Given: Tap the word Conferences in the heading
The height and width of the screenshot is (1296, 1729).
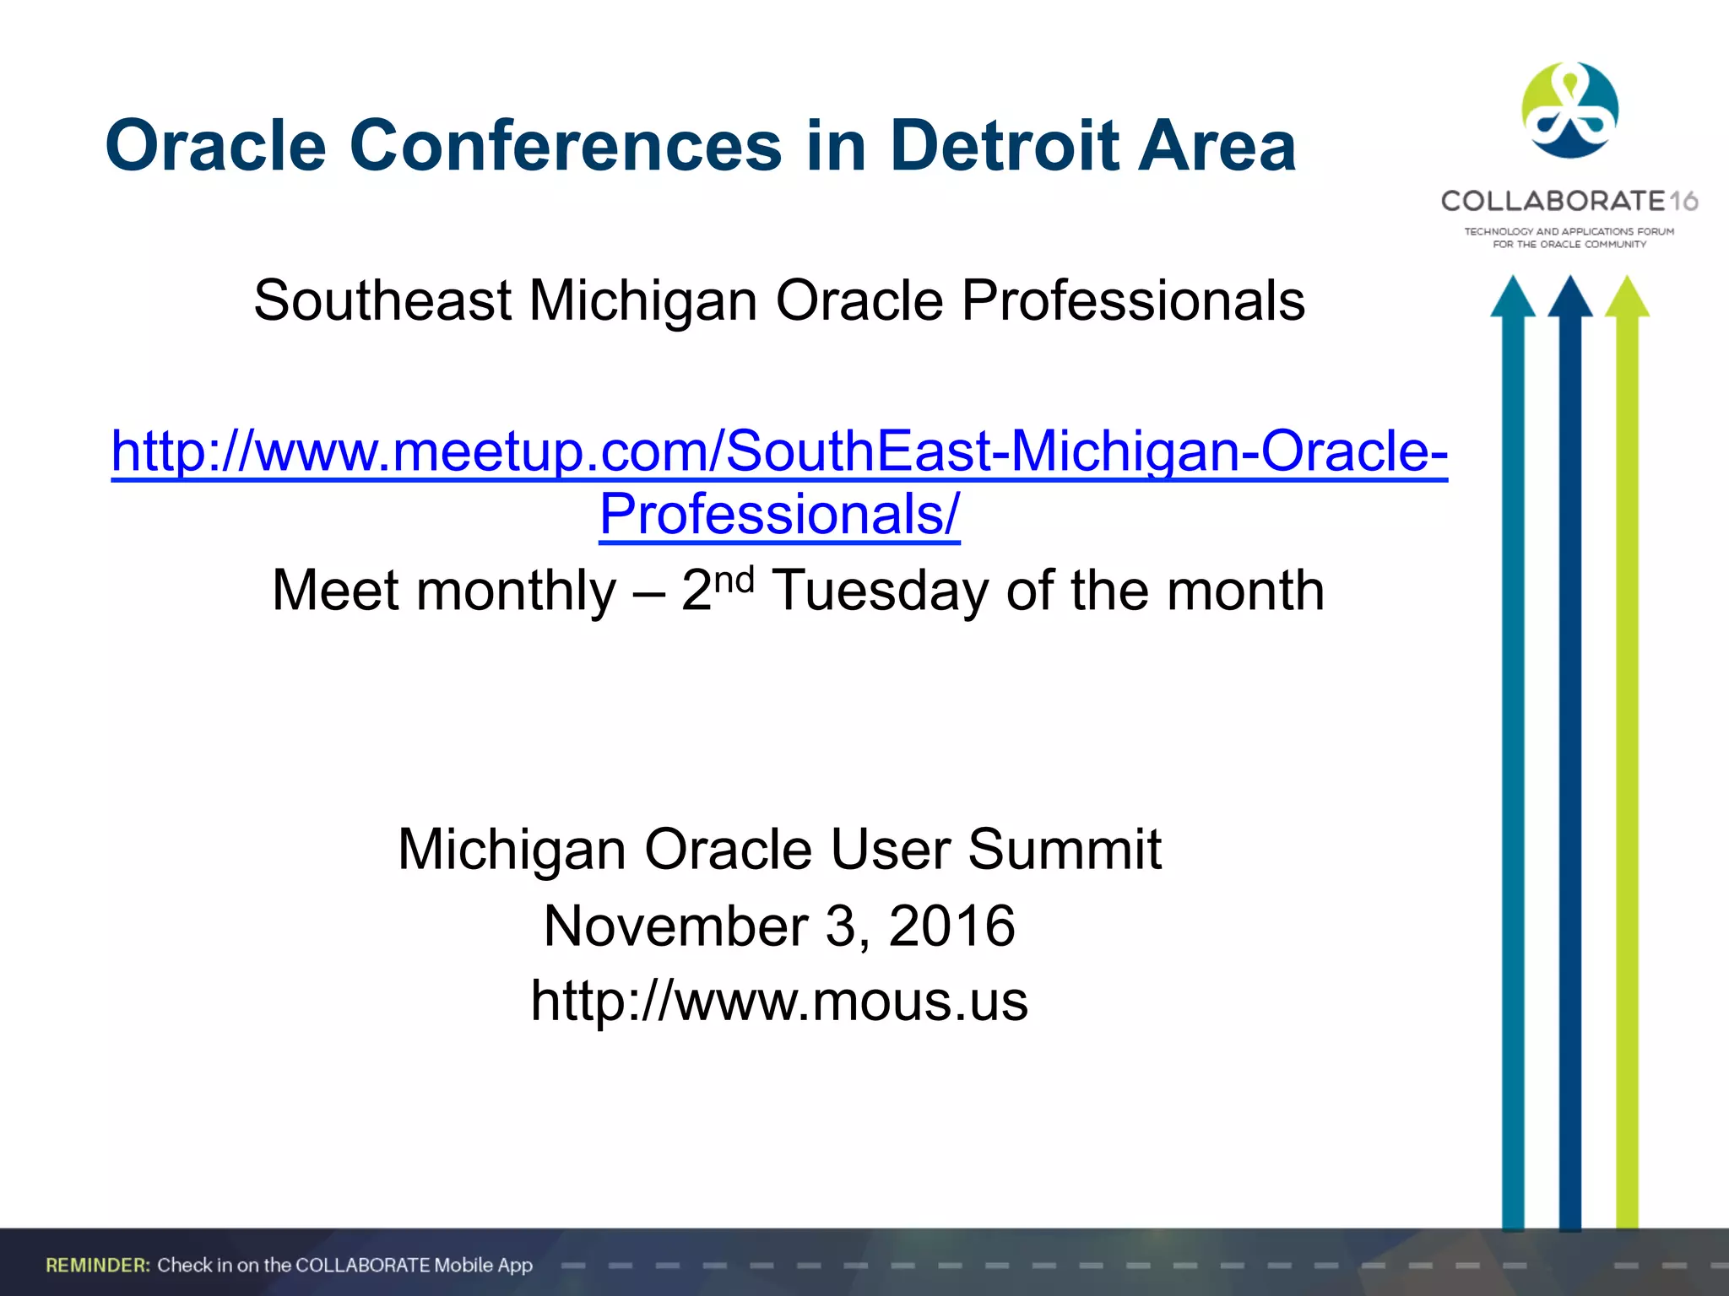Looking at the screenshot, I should pos(565,146).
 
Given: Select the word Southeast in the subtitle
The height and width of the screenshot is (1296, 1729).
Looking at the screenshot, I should pos(382,301).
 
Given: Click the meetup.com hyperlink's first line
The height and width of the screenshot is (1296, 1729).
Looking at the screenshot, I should pos(779,451).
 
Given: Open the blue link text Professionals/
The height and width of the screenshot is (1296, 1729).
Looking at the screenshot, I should pos(779,514).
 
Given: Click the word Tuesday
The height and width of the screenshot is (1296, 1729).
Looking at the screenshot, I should pos(880,591).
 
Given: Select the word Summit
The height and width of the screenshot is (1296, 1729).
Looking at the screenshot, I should pos(1064,849).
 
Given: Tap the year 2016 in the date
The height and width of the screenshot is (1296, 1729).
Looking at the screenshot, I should pos(951,926).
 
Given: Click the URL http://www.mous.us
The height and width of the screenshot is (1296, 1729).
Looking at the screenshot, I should pos(779,1002).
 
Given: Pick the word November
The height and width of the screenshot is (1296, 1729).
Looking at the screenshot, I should pos(675,926).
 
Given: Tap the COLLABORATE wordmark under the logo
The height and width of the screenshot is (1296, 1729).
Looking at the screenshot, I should pos(1552,201).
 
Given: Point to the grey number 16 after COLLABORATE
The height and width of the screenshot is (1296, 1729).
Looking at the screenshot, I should pos(1683,202).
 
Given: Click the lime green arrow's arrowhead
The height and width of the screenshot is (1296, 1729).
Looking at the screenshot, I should pos(1627,298).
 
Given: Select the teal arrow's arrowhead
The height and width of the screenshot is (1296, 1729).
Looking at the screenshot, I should pos(1512,298).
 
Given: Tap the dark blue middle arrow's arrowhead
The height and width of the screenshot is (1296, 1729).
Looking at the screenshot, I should pos(1569,298).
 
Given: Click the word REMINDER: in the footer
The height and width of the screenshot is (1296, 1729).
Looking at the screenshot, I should pos(98,1265).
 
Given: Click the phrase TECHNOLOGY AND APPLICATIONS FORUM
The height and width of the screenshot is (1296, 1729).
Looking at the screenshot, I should pos(1569,231).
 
